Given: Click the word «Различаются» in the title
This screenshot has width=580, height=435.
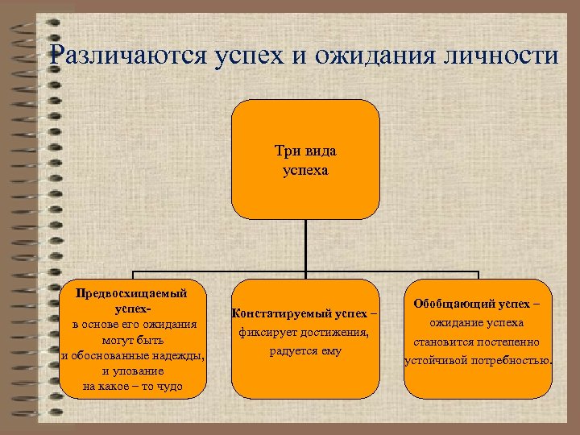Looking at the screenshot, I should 129,56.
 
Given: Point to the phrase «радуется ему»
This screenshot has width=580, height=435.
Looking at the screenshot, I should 305,350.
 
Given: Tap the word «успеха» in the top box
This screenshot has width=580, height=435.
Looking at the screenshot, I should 305,170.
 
